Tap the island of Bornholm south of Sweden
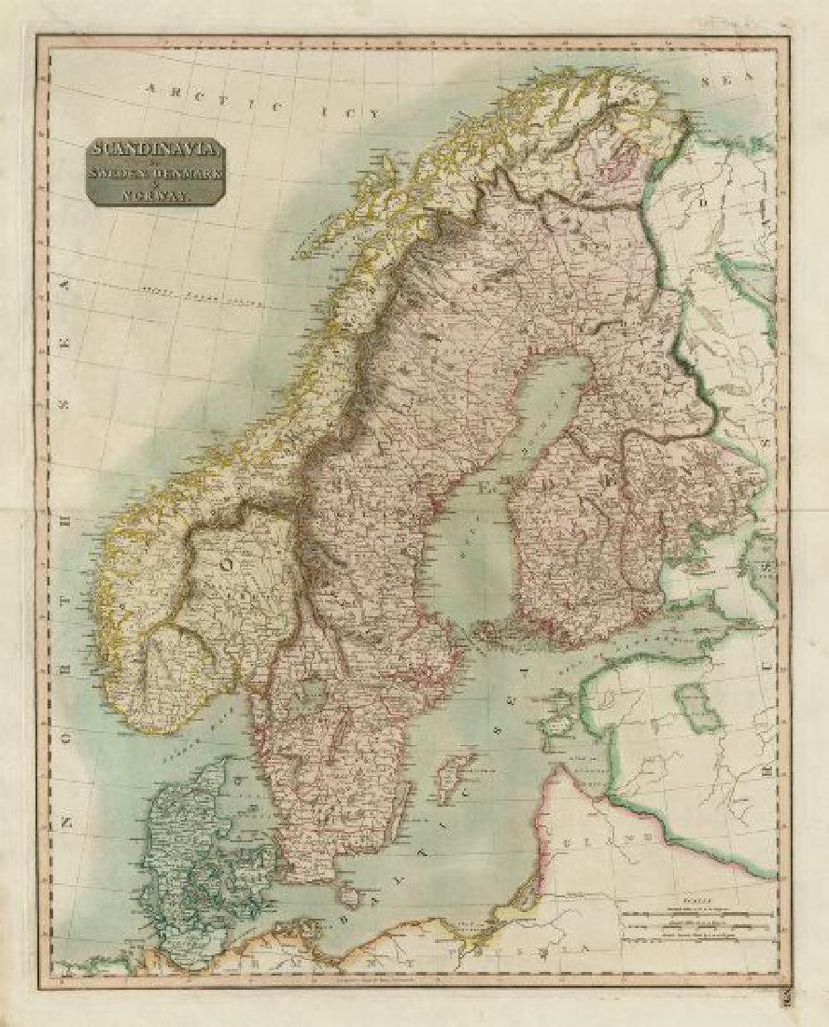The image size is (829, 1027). (x=349, y=897)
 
